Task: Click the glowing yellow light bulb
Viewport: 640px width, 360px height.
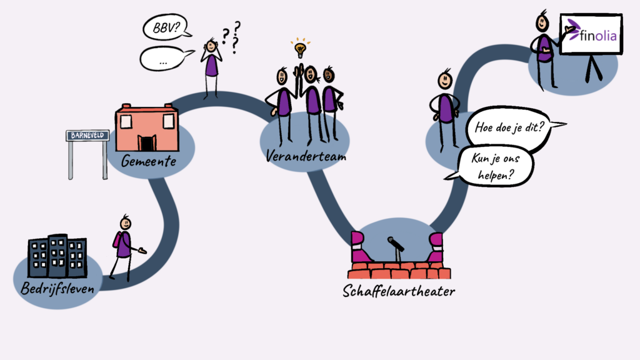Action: [x=301, y=49]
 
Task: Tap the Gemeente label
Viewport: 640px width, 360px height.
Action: [x=149, y=161]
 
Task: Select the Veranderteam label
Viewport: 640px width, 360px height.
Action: [x=306, y=155]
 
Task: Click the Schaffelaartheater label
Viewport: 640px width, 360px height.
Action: [x=399, y=291]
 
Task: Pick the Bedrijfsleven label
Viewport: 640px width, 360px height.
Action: [x=57, y=288]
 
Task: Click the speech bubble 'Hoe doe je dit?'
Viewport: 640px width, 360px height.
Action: [x=510, y=127]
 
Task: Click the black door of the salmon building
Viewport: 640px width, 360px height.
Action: [x=146, y=143]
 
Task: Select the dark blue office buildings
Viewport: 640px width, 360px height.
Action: [x=57, y=256]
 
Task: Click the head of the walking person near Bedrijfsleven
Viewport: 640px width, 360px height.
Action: [x=125, y=223]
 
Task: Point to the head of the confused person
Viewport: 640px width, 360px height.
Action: [x=211, y=46]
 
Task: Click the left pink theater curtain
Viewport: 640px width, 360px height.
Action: [x=359, y=247]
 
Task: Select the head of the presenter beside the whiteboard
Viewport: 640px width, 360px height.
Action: [x=542, y=23]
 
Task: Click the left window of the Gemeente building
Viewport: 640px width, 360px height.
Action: [x=126, y=121]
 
